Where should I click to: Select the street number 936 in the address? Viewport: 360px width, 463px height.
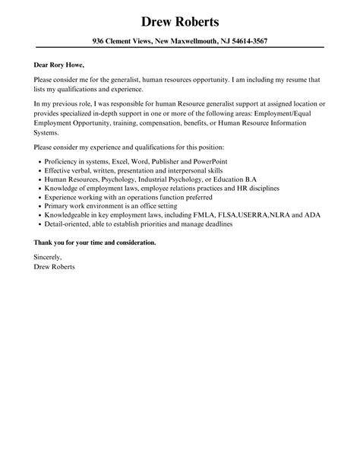click(x=99, y=41)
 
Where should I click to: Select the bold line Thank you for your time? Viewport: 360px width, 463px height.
click(x=95, y=242)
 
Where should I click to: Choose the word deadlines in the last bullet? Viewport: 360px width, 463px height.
click(x=216, y=224)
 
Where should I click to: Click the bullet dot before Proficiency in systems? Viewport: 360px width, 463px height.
click(x=39, y=161)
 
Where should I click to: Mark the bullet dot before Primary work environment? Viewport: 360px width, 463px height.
click(x=39, y=206)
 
